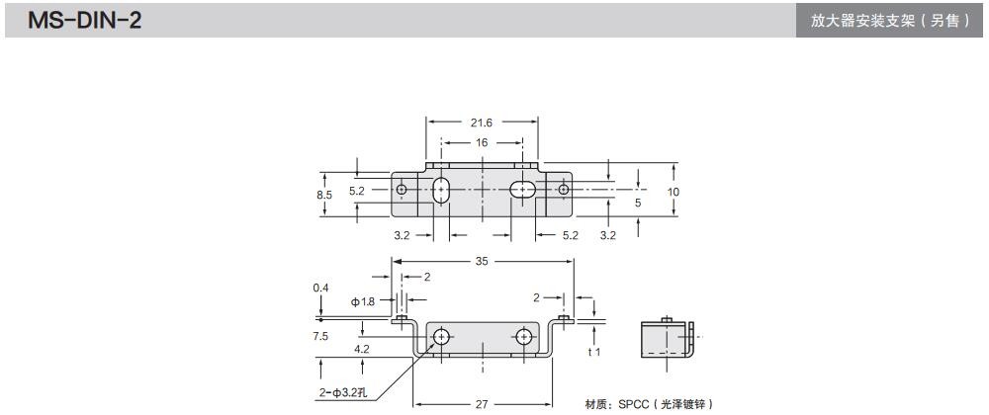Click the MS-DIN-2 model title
click(85, 20)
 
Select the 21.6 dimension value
click(483, 122)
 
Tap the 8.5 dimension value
click(324, 195)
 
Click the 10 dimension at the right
click(674, 191)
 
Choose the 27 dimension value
click(482, 403)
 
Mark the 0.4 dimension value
click(319, 288)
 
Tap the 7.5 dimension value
click(319, 336)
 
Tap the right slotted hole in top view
click(523, 189)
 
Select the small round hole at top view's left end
click(401, 189)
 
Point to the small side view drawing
click(668, 338)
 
